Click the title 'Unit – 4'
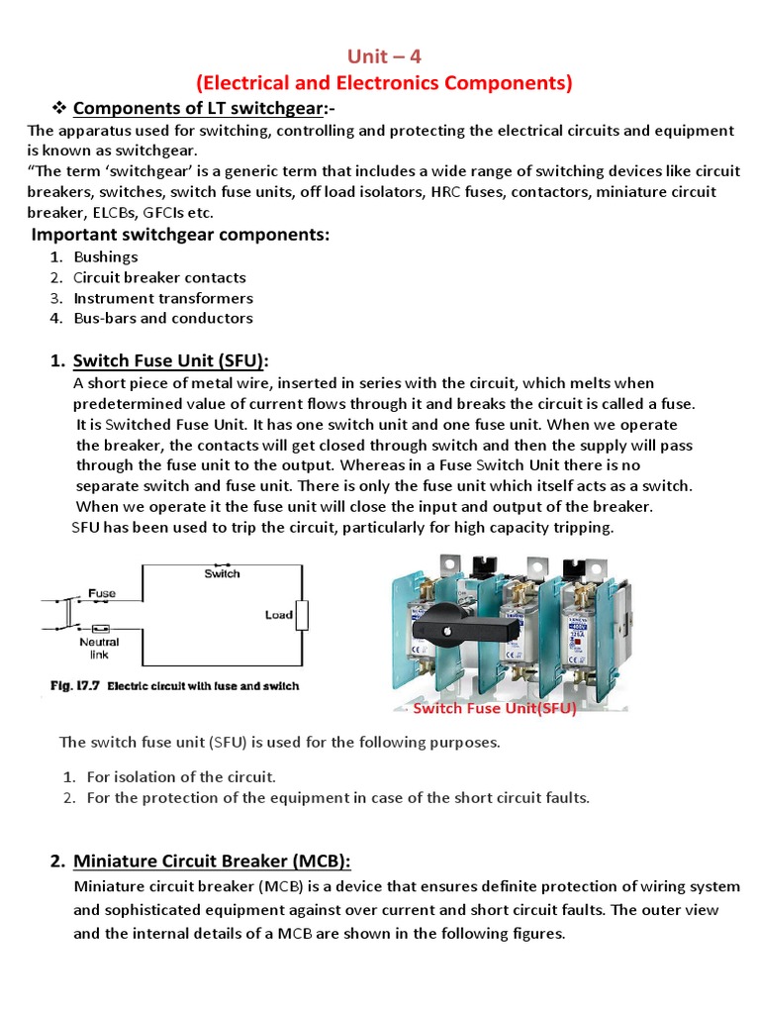pyautogui.click(x=381, y=57)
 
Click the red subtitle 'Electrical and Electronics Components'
pyautogui.click(x=383, y=83)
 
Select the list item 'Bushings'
pyautogui.click(x=106, y=257)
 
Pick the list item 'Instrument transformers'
pyautogui.click(x=163, y=298)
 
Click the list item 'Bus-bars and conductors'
pyautogui.click(x=163, y=318)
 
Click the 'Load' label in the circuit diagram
pyautogui.click(x=278, y=615)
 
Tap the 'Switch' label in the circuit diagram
pyautogui.click(x=222, y=573)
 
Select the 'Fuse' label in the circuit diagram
pyautogui.click(x=102, y=593)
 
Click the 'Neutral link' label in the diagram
pyautogui.click(x=99, y=649)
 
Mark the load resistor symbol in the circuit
pyautogui.click(x=303, y=615)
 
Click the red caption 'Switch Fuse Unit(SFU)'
pyautogui.click(x=494, y=708)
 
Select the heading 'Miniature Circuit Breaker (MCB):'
pyautogui.click(x=212, y=861)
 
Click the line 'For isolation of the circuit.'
pyautogui.click(x=181, y=777)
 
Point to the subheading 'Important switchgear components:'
pyautogui.click(x=180, y=235)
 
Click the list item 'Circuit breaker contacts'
pyautogui.click(x=159, y=278)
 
